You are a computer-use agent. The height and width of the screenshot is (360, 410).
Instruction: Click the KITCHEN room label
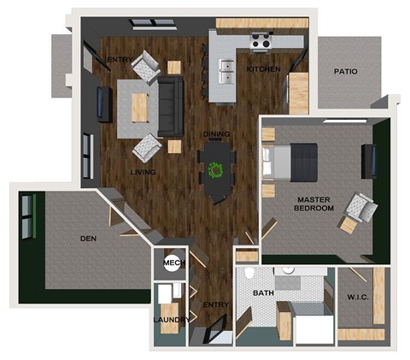(x=263, y=68)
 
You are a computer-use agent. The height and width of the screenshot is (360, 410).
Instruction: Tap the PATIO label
(x=346, y=73)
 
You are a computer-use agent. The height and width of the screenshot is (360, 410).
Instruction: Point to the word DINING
(x=217, y=134)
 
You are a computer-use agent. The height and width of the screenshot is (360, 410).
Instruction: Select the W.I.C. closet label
(x=358, y=298)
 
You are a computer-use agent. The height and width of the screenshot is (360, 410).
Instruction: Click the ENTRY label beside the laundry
(x=214, y=304)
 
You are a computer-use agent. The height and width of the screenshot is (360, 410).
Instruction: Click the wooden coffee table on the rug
(x=138, y=105)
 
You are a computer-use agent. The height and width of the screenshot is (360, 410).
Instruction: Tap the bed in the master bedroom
(x=290, y=160)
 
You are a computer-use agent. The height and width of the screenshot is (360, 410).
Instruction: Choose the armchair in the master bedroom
(x=358, y=206)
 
